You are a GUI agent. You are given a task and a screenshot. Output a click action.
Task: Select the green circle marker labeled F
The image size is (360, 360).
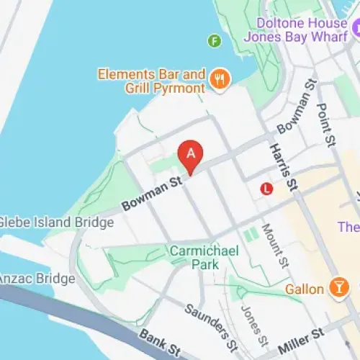click(214, 40)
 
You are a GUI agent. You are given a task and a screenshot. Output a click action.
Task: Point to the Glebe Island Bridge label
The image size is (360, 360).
click(56, 222)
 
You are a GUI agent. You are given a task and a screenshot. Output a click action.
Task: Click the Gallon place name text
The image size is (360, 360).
click(304, 289)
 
